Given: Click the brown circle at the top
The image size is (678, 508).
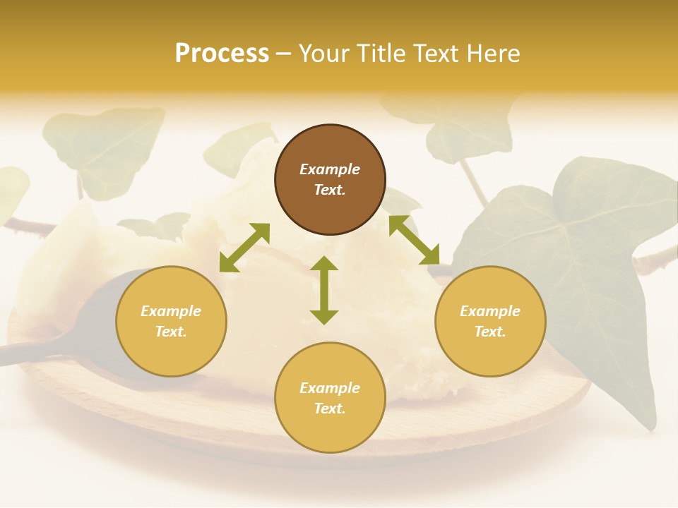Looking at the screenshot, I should click(x=330, y=179).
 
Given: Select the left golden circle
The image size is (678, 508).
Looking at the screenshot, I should click(x=171, y=321).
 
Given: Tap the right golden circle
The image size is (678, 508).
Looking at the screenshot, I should click(x=490, y=321).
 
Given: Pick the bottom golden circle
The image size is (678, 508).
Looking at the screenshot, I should click(x=330, y=398).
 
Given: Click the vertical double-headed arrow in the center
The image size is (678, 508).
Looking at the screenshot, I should click(x=324, y=290).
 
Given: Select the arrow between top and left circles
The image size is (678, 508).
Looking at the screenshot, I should click(x=244, y=248).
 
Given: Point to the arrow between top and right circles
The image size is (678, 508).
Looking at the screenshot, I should click(x=414, y=240).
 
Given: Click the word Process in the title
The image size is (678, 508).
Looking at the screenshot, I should click(x=222, y=53).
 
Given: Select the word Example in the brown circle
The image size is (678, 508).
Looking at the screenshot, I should click(x=330, y=169).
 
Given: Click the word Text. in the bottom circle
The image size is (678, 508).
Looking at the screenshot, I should click(x=330, y=409).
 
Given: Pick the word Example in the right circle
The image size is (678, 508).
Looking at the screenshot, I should click(x=490, y=311).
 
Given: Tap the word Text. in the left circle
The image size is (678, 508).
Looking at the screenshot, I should click(x=171, y=332).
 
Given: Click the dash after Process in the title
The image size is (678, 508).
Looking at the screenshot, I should click(x=283, y=54).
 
